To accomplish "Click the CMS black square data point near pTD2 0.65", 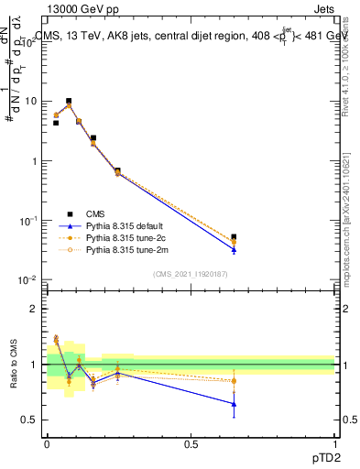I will (x=234, y=237).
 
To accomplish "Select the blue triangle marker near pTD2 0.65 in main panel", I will (x=234, y=249).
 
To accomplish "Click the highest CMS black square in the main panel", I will (x=69, y=101).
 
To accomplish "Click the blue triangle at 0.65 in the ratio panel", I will (x=234, y=403).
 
